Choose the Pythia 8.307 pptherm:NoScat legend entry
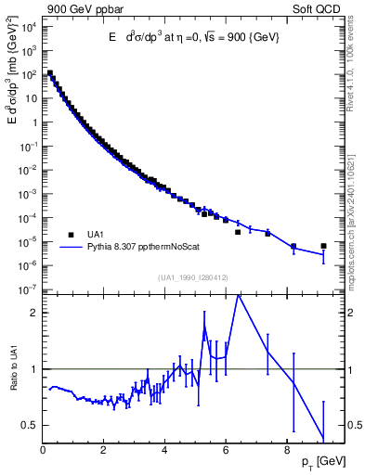(138, 247)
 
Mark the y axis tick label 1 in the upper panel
(34, 122)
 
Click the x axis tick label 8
(285, 452)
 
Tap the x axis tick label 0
(43, 452)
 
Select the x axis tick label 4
(164, 452)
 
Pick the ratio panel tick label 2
(34, 313)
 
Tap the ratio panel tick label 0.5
(30, 425)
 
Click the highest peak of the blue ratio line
(240, 295)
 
